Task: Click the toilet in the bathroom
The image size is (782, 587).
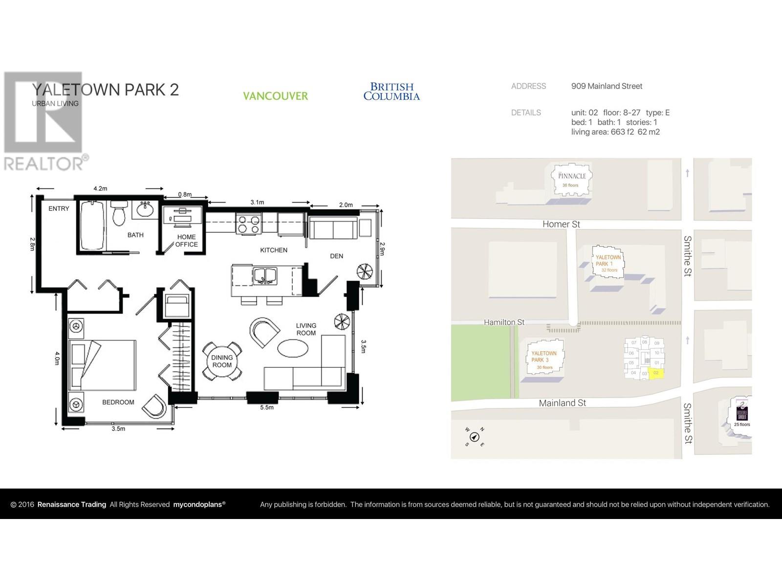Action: [119, 214]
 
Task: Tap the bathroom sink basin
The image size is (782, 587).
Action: [145, 210]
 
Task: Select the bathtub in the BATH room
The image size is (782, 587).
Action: [92, 226]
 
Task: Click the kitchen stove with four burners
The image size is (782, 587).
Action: [248, 225]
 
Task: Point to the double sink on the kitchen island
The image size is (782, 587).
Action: [264, 276]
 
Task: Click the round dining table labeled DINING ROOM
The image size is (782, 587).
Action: [222, 361]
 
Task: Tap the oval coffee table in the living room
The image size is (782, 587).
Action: [293, 348]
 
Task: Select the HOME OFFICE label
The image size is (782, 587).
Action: [186, 241]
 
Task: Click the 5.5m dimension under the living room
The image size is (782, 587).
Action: [267, 407]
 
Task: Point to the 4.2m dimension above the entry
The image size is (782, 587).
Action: [100, 188]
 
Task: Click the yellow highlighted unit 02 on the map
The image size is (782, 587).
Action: [656, 373]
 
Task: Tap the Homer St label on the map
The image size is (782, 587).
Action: [561, 224]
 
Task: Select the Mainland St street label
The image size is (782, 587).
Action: [562, 403]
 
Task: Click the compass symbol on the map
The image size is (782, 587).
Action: [474, 437]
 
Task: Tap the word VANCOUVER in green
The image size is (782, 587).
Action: [275, 96]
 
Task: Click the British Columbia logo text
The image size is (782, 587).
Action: [391, 91]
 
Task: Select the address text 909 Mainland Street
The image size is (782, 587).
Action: [607, 86]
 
